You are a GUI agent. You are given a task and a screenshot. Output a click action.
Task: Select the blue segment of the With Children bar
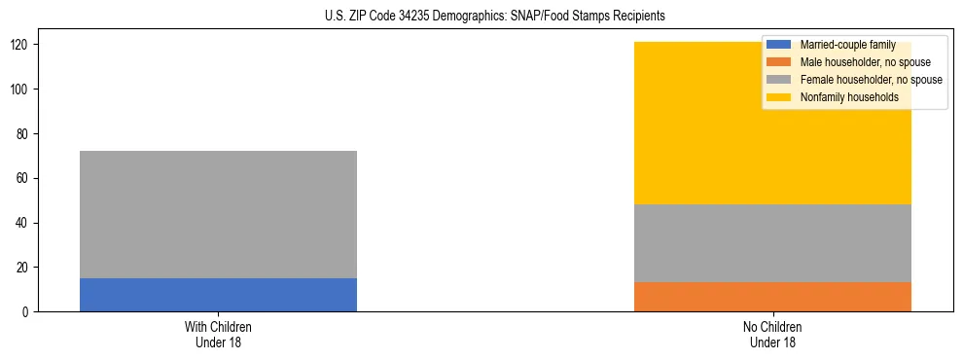pyautogui.click(x=218, y=295)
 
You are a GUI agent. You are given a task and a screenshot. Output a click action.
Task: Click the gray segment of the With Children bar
pyautogui.click(x=218, y=214)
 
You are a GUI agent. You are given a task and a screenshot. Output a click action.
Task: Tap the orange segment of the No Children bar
pyautogui.click(x=772, y=297)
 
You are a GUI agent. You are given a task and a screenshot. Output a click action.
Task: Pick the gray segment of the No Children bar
pyautogui.click(x=772, y=243)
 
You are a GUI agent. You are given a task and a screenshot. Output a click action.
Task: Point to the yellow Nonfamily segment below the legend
pyautogui.click(x=772, y=156)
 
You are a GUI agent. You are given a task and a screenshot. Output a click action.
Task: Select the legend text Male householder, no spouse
pyautogui.click(x=865, y=62)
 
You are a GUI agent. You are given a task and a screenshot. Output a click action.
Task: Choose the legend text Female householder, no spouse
pyautogui.click(x=871, y=80)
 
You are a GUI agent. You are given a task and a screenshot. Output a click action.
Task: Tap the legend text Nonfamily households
pyautogui.click(x=848, y=97)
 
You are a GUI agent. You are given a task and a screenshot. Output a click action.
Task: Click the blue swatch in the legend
pyautogui.click(x=780, y=45)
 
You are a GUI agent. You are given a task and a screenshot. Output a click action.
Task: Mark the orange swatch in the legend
pyautogui.click(x=780, y=62)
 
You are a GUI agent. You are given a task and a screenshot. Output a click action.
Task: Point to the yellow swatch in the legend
pyautogui.click(x=780, y=97)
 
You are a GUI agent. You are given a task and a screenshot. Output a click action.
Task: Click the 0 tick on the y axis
pyautogui.click(x=25, y=312)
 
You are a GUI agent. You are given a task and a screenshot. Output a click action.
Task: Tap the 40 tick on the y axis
pyautogui.click(x=22, y=223)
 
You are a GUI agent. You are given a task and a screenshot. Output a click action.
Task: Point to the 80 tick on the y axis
pyautogui.click(x=22, y=134)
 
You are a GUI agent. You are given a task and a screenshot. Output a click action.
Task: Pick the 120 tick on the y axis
pyautogui.click(x=19, y=45)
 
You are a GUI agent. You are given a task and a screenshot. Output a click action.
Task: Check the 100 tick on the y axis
pyautogui.click(x=19, y=90)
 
